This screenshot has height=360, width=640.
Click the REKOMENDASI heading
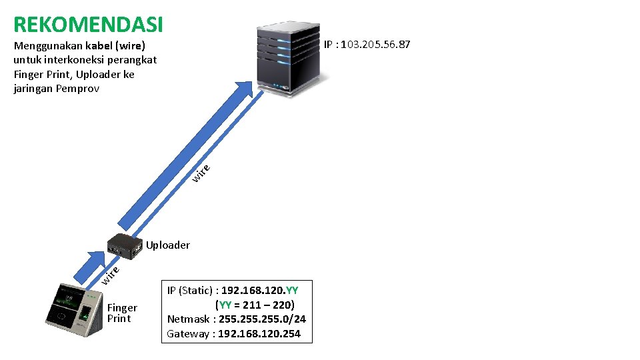coord(88,25)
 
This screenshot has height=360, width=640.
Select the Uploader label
coord(168,245)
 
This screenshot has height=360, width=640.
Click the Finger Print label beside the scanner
coord(122,313)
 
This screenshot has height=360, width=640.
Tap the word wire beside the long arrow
coord(202,173)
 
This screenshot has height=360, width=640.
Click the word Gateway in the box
coord(187,334)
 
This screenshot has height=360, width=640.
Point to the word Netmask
coord(189,319)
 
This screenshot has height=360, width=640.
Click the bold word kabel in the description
coord(101,45)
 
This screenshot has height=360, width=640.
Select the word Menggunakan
coord(47,45)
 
